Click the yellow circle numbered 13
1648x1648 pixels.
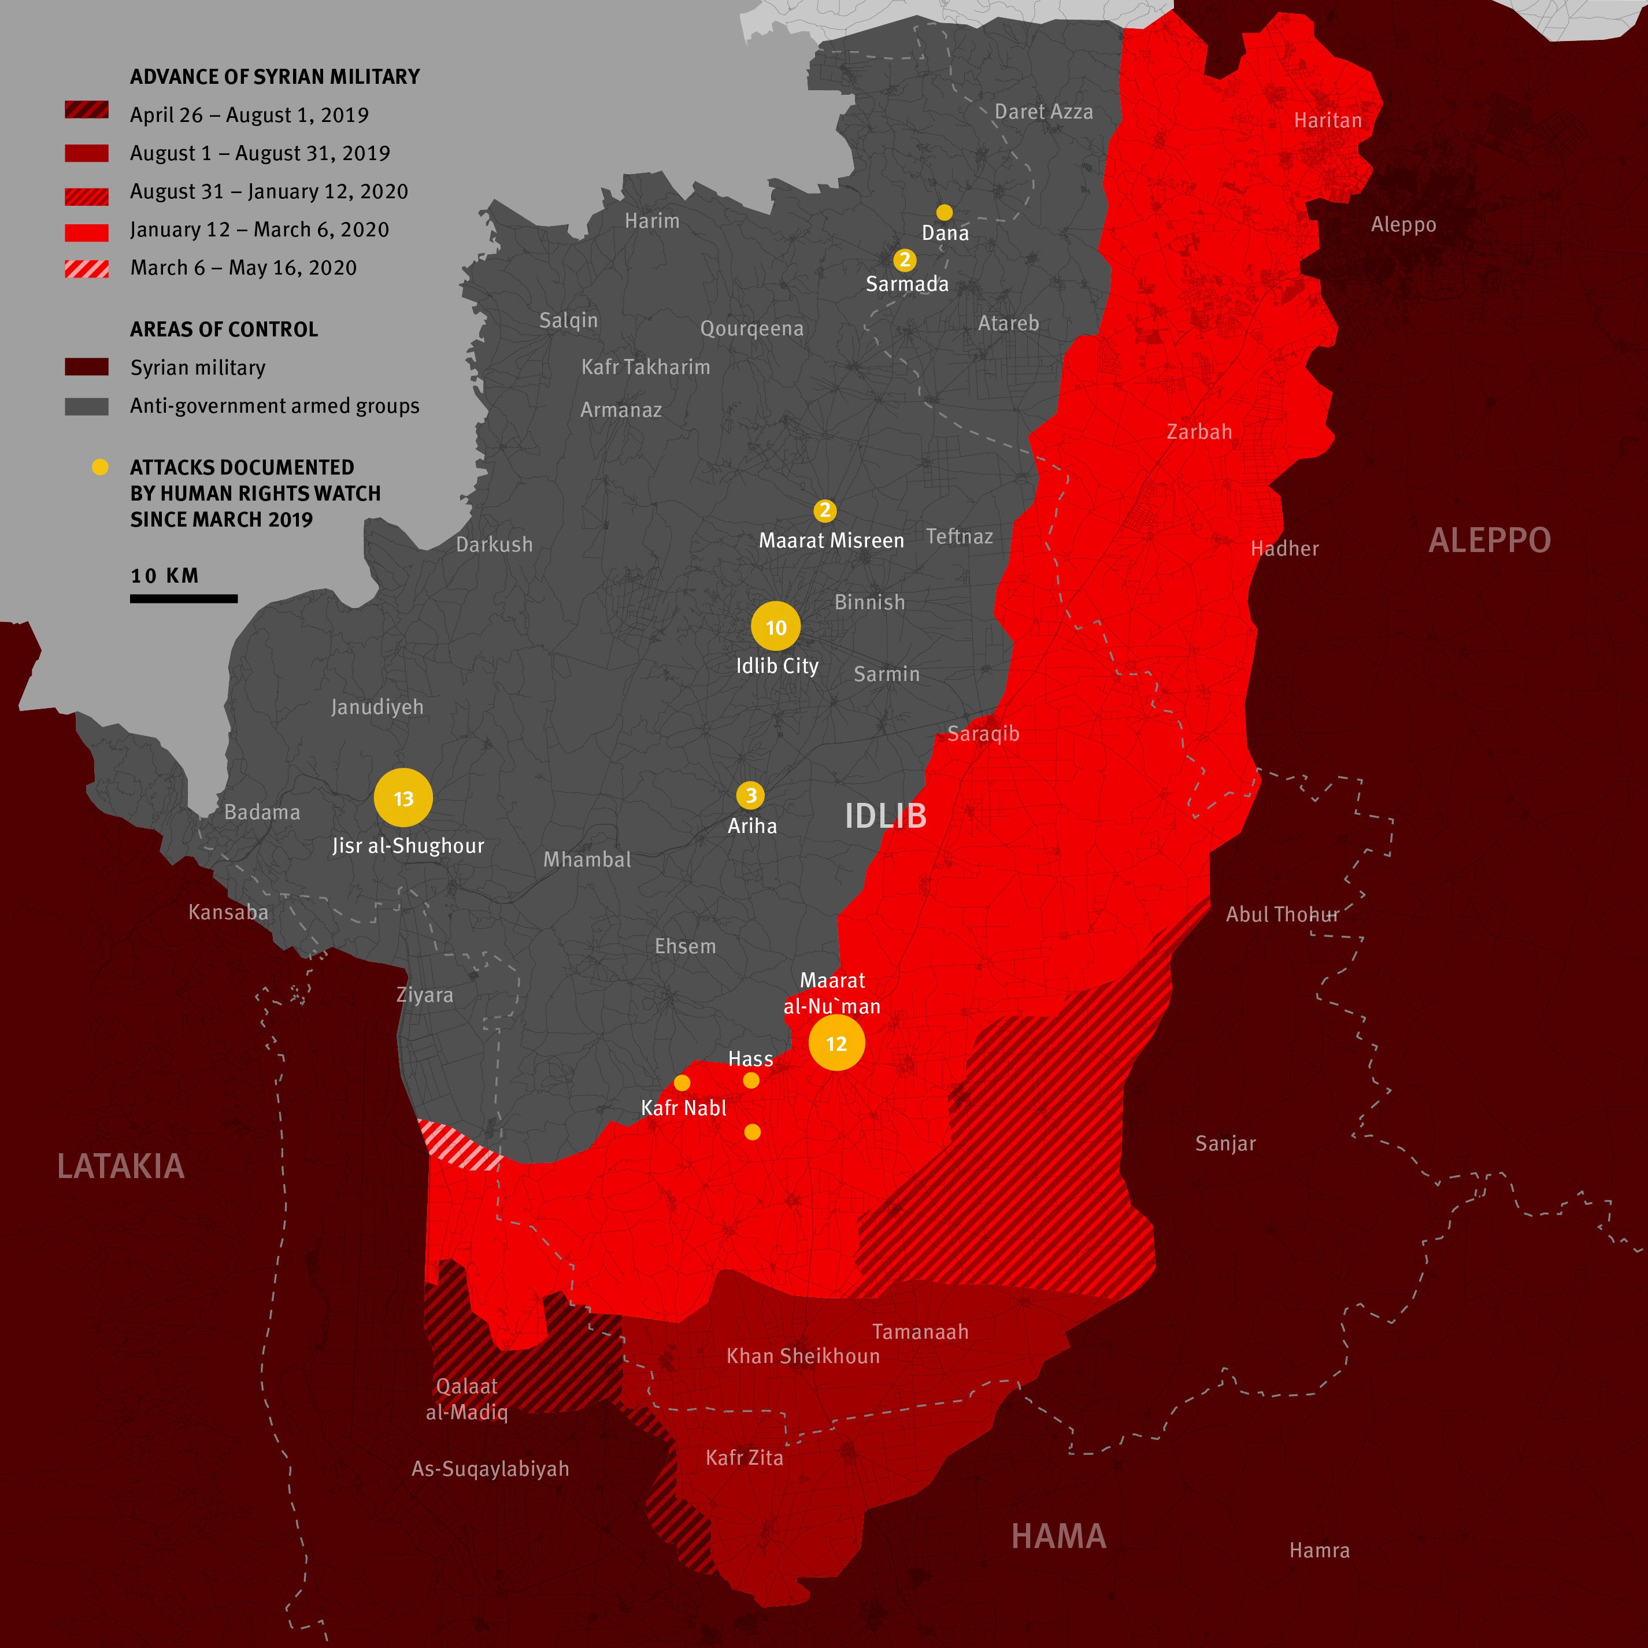click(403, 798)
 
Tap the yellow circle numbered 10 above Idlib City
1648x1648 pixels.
click(775, 627)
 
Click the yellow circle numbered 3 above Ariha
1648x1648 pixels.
click(751, 795)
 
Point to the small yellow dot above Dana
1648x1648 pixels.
click(945, 212)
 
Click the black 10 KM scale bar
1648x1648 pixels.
click(183, 599)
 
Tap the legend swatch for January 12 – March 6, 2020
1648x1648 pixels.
click(86, 232)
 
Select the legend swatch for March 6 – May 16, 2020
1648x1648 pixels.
click(86, 269)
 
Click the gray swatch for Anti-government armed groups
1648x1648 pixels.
click(86, 407)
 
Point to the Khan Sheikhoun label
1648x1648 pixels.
click(803, 1356)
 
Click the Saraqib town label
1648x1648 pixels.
click(983, 733)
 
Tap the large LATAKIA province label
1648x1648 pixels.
click(120, 1166)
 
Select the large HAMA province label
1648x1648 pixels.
click(1058, 1536)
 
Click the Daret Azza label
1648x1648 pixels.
click(1043, 111)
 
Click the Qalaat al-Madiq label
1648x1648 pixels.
click(466, 1399)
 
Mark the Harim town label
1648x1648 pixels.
click(651, 220)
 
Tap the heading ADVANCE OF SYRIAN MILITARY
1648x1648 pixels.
click(275, 77)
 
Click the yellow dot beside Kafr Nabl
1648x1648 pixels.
click(682, 1083)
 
